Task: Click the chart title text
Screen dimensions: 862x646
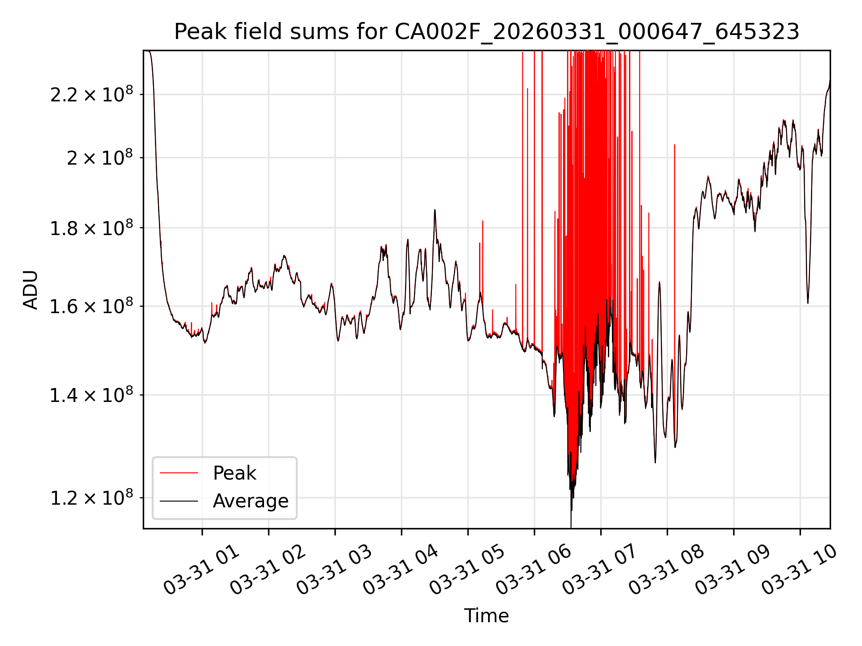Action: (x=487, y=32)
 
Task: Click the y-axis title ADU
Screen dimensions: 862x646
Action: (x=31, y=290)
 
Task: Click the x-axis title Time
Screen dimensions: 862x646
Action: (x=487, y=615)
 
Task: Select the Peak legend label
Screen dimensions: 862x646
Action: (x=234, y=473)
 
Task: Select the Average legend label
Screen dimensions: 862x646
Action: (x=251, y=501)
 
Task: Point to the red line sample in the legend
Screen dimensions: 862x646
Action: (x=179, y=473)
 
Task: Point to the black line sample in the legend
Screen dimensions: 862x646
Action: (x=179, y=501)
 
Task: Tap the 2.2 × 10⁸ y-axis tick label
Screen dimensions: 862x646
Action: (x=92, y=94)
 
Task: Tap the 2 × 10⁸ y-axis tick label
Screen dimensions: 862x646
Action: (x=100, y=158)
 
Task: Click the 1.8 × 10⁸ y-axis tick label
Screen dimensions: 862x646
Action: (x=92, y=228)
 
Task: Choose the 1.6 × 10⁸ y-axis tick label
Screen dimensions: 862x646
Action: (x=92, y=306)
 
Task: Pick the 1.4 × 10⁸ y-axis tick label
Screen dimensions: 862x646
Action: (x=92, y=395)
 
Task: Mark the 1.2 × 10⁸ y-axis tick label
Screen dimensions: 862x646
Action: (x=92, y=498)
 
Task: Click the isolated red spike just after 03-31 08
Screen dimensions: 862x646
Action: (x=674, y=269)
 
